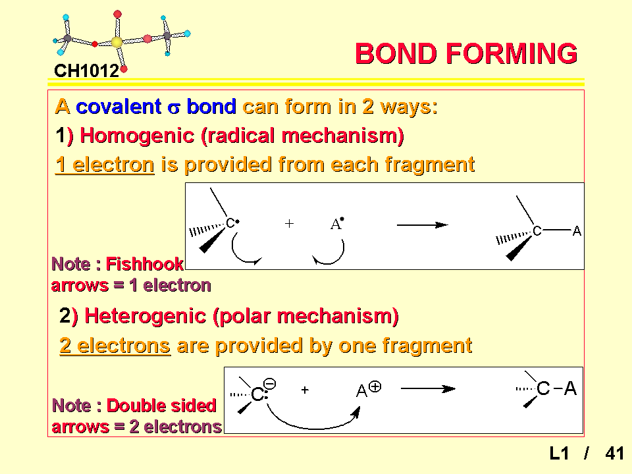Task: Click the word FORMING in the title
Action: click(x=512, y=53)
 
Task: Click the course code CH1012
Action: click(x=87, y=71)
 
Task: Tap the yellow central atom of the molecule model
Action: click(x=117, y=42)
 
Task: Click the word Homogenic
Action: click(x=137, y=136)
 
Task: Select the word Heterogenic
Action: click(x=145, y=315)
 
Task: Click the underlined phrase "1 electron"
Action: click(x=105, y=165)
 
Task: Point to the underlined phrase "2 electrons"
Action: click(x=115, y=346)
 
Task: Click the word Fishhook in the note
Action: click(x=144, y=264)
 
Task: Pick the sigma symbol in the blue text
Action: click(x=174, y=108)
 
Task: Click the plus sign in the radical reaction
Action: click(x=289, y=223)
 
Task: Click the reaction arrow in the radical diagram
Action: click(x=423, y=225)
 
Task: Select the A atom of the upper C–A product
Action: click(x=577, y=231)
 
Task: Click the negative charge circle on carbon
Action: click(x=270, y=383)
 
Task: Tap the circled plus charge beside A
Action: click(x=375, y=387)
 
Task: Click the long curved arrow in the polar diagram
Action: click(x=312, y=428)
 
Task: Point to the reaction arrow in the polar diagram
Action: click(x=428, y=388)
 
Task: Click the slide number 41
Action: click(x=614, y=454)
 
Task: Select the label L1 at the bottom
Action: click(x=559, y=454)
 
